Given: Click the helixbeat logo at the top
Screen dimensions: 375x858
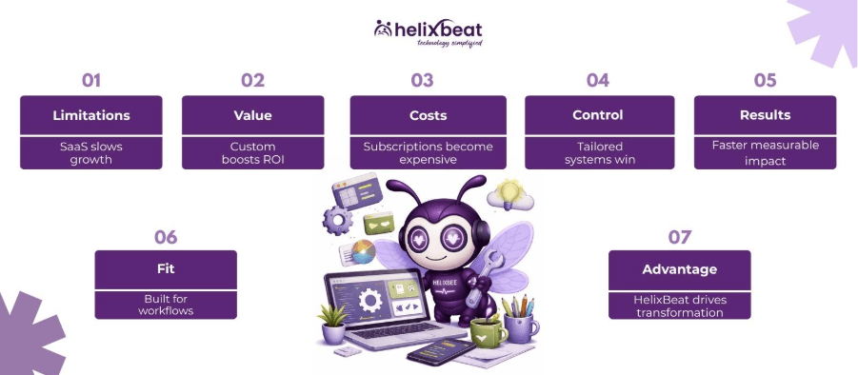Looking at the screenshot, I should pyautogui.click(x=428, y=32).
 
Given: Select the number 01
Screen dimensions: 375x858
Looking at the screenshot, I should pyautogui.click(x=90, y=80).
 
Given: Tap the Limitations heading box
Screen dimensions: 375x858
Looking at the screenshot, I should pyautogui.click(x=90, y=115).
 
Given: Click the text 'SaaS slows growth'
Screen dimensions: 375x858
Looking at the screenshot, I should pyautogui.click(x=90, y=152).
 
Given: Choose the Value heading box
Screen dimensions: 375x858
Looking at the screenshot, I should pyautogui.click(x=252, y=115).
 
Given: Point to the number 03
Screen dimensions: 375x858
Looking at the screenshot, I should pyautogui.click(x=422, y=80).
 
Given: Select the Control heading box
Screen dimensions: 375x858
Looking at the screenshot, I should pyautogui.click(x=598, y=115).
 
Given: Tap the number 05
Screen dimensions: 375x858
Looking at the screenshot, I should pyautogui.click(x=765, y=80).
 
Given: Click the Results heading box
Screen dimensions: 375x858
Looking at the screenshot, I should pyautogui.click(x=765, y=115).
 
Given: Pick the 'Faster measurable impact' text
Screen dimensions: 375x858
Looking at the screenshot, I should pyautogui.click(x=765, y=152).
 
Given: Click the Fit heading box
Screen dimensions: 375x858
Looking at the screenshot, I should pyautogui.click(x=166, y=269).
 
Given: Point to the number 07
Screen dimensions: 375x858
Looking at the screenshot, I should pyautogui.click(x=679, y=237).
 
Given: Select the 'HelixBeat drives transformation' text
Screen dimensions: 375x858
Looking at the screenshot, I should pyautogui.click(x=679, y=306).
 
